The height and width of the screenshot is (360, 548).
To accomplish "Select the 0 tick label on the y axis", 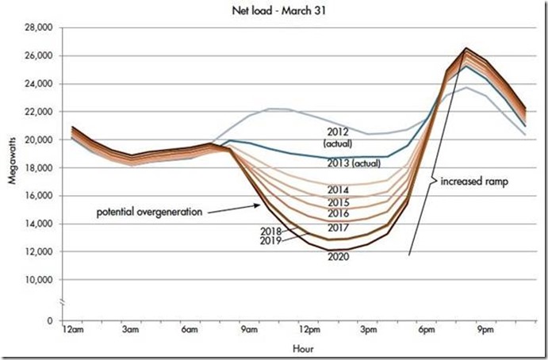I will coord(48,320).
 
